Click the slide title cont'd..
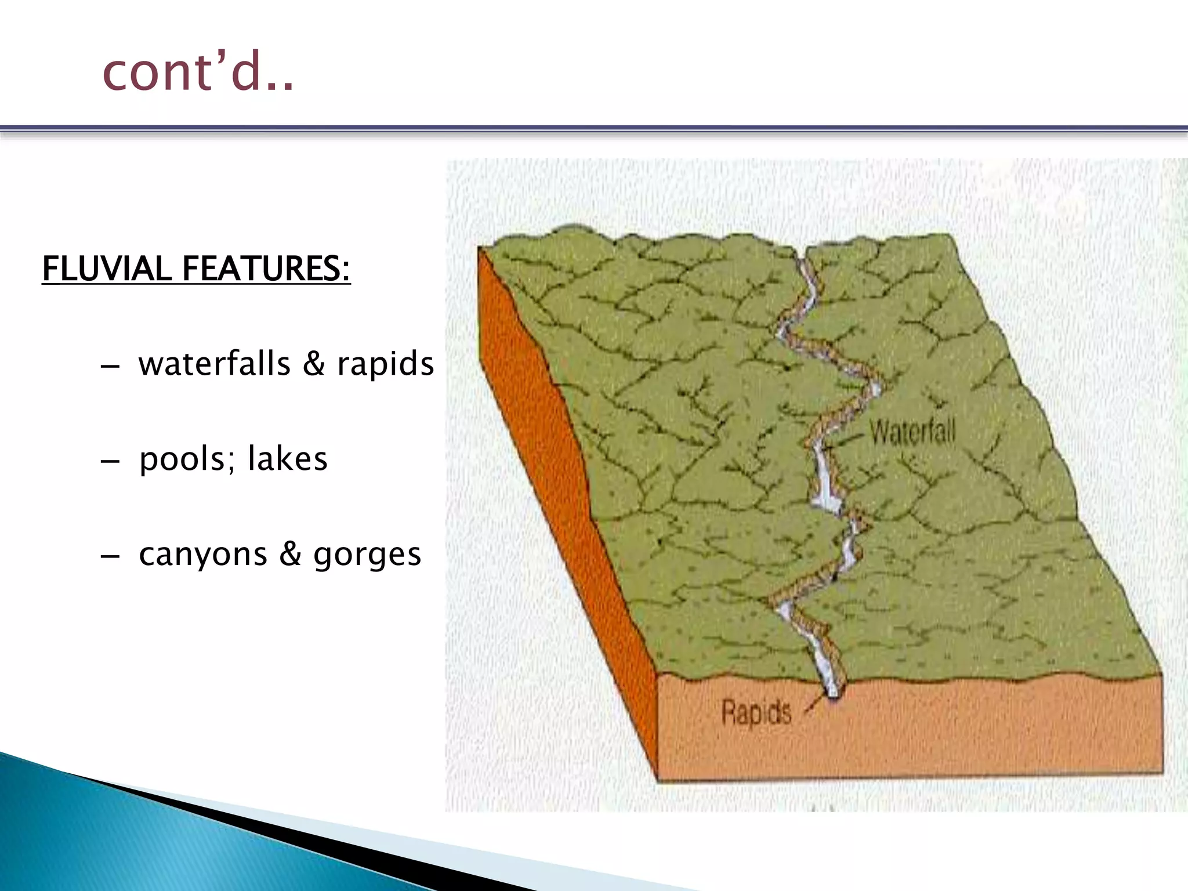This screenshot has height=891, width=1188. click(x=197, y=72)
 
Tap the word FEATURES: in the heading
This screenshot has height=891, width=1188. click(x=266, y=269)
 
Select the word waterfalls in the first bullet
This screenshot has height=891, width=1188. click(x=214, y=364)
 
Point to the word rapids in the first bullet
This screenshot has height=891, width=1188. click(x=385, y=364)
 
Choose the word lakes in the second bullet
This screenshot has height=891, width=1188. click(x=288, y=459)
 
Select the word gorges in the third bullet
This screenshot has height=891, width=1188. click(x=367, y=554)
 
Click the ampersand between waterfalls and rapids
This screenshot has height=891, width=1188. click(x=314, y=364)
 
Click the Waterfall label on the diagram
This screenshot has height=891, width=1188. click(x=912, y=432)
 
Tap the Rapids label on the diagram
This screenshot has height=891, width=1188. click(x=756, y=712)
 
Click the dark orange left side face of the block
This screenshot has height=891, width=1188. click(x=557, y=493)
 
